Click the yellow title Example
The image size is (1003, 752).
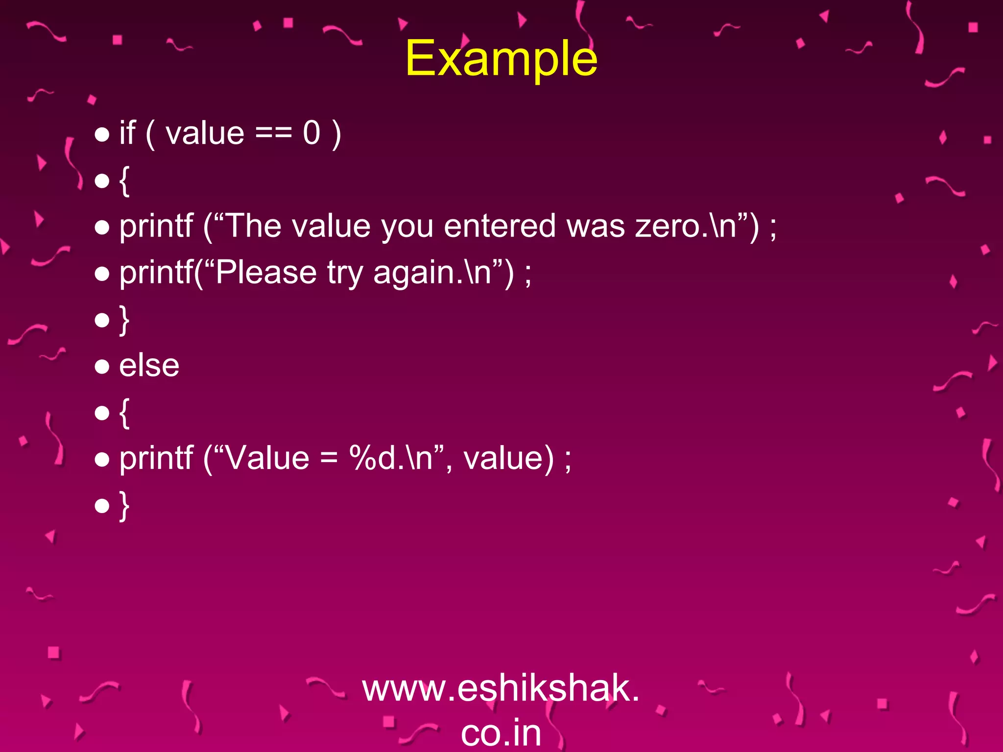501,59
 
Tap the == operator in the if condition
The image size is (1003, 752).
273,133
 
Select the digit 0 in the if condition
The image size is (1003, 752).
311,133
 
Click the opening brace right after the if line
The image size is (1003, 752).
124,181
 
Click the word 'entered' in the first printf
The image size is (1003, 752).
500,226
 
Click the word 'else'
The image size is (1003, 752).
149,366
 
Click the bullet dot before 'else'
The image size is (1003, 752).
102,367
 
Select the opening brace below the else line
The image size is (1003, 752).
124,413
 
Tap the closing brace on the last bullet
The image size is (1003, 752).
124,505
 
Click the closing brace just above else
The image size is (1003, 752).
124,320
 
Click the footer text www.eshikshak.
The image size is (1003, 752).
501,688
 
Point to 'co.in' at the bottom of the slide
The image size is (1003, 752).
501,733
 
